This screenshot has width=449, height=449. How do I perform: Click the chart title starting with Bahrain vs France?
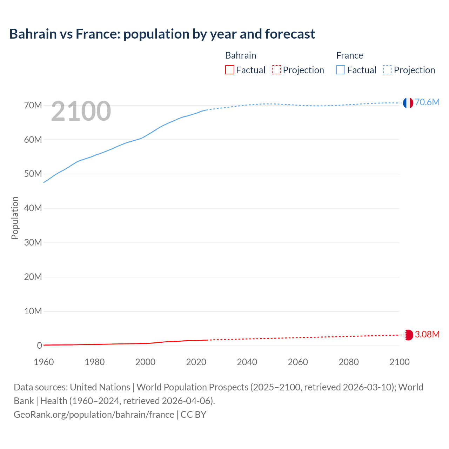pos(162,34)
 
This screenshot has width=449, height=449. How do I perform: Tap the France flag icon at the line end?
pos(408,103)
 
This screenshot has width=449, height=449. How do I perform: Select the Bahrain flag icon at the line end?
pos(408,335)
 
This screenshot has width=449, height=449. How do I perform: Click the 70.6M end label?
pos(427,102)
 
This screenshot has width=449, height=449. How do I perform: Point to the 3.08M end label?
pos(427,334)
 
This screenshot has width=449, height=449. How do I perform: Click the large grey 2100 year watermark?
pos(81,112)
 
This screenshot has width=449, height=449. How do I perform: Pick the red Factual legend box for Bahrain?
pos(229,70)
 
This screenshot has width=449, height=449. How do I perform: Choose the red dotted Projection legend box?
pos(276,70)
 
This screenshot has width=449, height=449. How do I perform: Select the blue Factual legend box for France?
pos(340,70)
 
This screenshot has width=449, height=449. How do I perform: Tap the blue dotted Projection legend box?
pos(388,70)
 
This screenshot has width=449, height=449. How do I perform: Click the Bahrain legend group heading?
pos(241,55)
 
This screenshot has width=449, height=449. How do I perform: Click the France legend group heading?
pos(349,55)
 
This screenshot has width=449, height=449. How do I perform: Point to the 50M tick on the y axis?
pos(33,174)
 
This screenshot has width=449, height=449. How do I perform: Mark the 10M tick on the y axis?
pos(33,311)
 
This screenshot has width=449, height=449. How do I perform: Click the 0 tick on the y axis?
pos(39,346)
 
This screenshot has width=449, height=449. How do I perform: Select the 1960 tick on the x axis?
pos(44,362)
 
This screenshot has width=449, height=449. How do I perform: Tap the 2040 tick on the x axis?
pos(247,362)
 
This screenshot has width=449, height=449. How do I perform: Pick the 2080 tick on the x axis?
pos(349,362)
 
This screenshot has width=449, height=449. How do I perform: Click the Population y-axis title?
pos(15,218)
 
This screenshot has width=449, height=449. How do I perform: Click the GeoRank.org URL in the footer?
pos(94,415)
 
